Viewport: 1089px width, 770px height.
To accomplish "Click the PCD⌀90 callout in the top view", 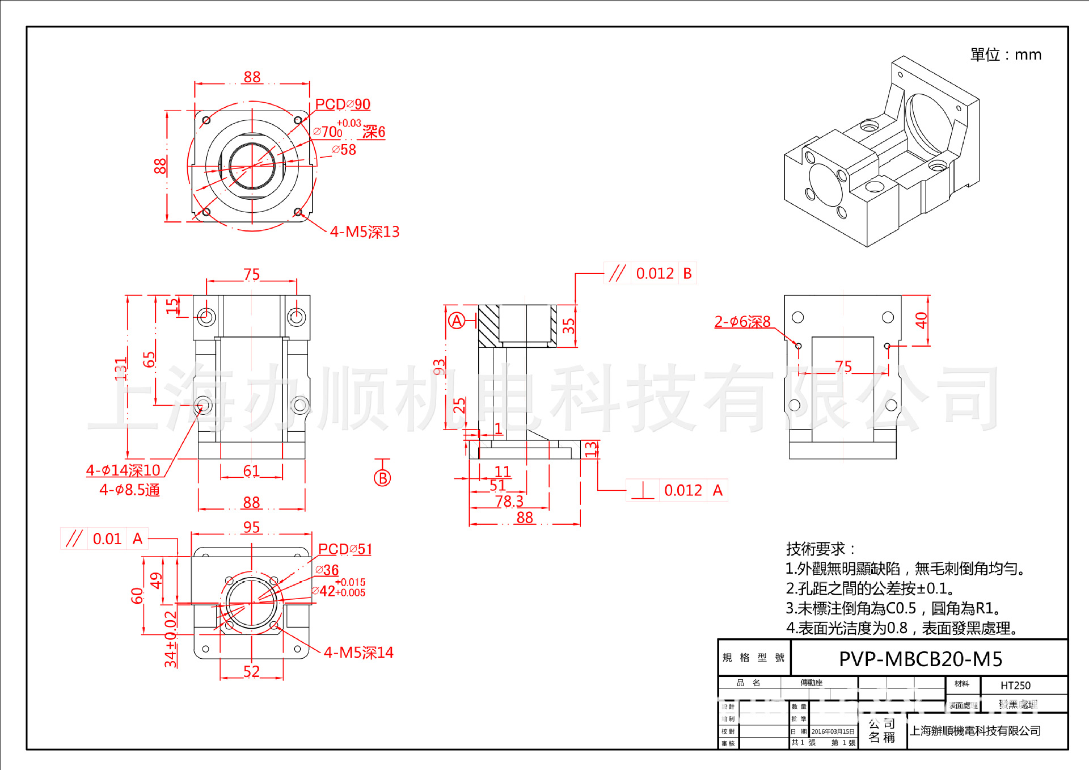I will (343, 104).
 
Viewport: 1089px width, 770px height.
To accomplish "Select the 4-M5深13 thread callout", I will (365, 232).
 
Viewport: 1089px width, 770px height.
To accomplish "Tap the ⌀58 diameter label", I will (344, 150).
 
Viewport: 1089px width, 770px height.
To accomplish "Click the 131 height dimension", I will (121, 369).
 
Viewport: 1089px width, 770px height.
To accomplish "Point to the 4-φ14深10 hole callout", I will (123, 470).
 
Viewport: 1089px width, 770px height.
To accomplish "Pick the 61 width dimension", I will (251, 471).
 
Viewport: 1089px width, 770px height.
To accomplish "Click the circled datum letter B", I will (382, 478).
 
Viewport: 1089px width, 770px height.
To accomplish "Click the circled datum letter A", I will (457, 321).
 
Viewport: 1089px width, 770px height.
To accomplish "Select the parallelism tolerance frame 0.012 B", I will (651, 274).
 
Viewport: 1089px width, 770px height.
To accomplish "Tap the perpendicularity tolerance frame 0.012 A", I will (677, 490).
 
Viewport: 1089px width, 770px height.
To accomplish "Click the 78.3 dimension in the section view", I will (509, 502).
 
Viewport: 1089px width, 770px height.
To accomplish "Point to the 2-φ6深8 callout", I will (742, 322).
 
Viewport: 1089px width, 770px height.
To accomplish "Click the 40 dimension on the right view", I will (921, 321).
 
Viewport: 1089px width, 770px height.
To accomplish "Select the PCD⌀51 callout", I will (345, 549).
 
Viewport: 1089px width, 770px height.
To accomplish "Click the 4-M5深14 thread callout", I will (358, 653).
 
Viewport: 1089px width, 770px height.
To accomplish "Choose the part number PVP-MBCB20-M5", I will (921, 659).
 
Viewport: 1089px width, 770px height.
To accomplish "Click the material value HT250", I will (1015, 685).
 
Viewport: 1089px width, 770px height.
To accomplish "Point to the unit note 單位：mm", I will (1006, 55).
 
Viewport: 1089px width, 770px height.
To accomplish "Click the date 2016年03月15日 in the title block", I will (833, 731).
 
